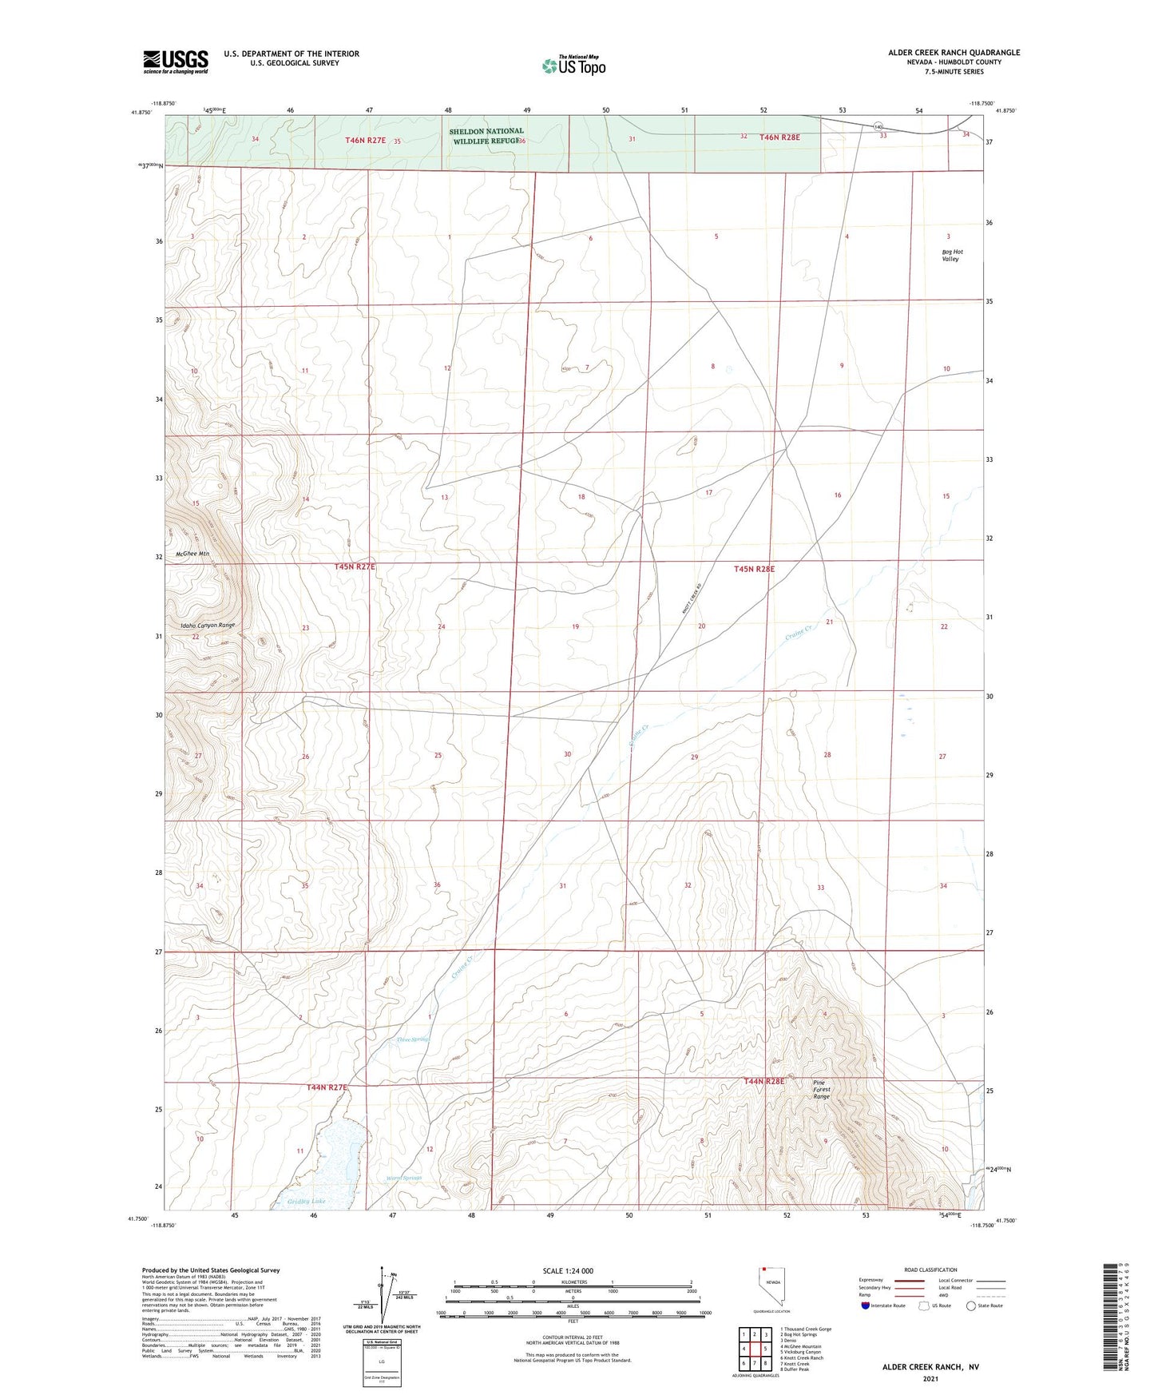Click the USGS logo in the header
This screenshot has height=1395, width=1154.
click(x=176, y=62)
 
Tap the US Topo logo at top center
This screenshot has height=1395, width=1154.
click(x=573, y=65)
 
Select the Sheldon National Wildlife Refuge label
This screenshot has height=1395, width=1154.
click(x=486, y=136)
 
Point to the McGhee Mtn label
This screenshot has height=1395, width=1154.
click(x=192, y=554)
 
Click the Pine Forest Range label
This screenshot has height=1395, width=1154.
click(x=822, y=1090)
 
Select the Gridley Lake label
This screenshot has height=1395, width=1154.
click(x=306, y=1201)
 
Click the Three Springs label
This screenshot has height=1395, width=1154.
click(x=413, y=1039)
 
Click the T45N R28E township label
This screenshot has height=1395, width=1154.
click(x=754, y=569)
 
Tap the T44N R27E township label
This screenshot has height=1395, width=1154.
click(x=327, y=1087)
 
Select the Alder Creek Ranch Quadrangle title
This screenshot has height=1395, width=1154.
click(x=954, y=53)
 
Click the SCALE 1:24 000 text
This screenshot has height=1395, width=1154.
click(x=567, y=1270)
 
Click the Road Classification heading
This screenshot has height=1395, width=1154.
click(x=930, y=1270)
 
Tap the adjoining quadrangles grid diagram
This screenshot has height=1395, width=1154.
click(x=754, y=1349)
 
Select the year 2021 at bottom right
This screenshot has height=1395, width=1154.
click(x=930, y=1378)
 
